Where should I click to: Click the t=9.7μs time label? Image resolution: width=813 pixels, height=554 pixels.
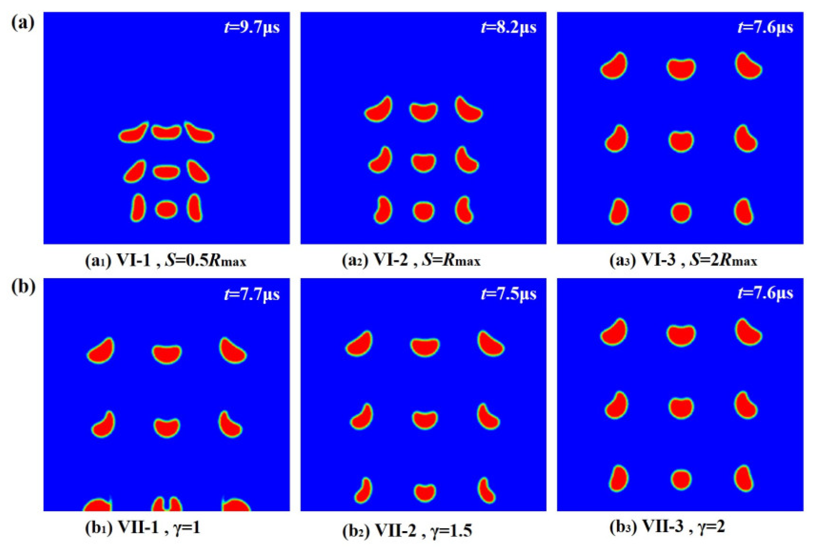coord(252,27)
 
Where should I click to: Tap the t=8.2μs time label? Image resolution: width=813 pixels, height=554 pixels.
coord(508,27)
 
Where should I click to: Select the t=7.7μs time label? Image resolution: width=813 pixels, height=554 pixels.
coord(252,294)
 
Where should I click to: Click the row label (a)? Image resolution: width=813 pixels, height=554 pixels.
coord(22,22)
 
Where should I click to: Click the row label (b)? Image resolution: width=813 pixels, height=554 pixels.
coord(23,287)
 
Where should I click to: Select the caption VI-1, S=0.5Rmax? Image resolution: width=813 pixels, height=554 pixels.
coord(166,260)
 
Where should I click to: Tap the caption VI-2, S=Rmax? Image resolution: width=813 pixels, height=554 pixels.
coord(411,260)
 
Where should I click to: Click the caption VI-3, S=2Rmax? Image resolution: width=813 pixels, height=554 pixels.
coord(683,260)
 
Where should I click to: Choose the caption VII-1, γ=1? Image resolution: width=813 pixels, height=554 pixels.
coord(143,527)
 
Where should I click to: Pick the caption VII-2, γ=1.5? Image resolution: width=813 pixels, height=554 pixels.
coord(407,531)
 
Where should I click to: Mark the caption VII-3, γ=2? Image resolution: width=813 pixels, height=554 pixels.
coord(667,526)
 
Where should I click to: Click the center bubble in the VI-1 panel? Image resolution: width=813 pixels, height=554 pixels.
coord(166,172)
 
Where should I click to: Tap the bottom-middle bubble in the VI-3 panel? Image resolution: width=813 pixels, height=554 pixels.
coord(681,213)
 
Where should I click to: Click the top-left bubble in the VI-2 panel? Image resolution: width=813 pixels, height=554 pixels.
coord(379,110)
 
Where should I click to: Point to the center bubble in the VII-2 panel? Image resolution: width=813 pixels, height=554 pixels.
coord(424,419)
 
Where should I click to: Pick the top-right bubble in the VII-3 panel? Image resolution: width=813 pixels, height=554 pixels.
coord(747,332)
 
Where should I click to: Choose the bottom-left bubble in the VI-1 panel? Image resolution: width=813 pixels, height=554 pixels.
coord(138,208)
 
